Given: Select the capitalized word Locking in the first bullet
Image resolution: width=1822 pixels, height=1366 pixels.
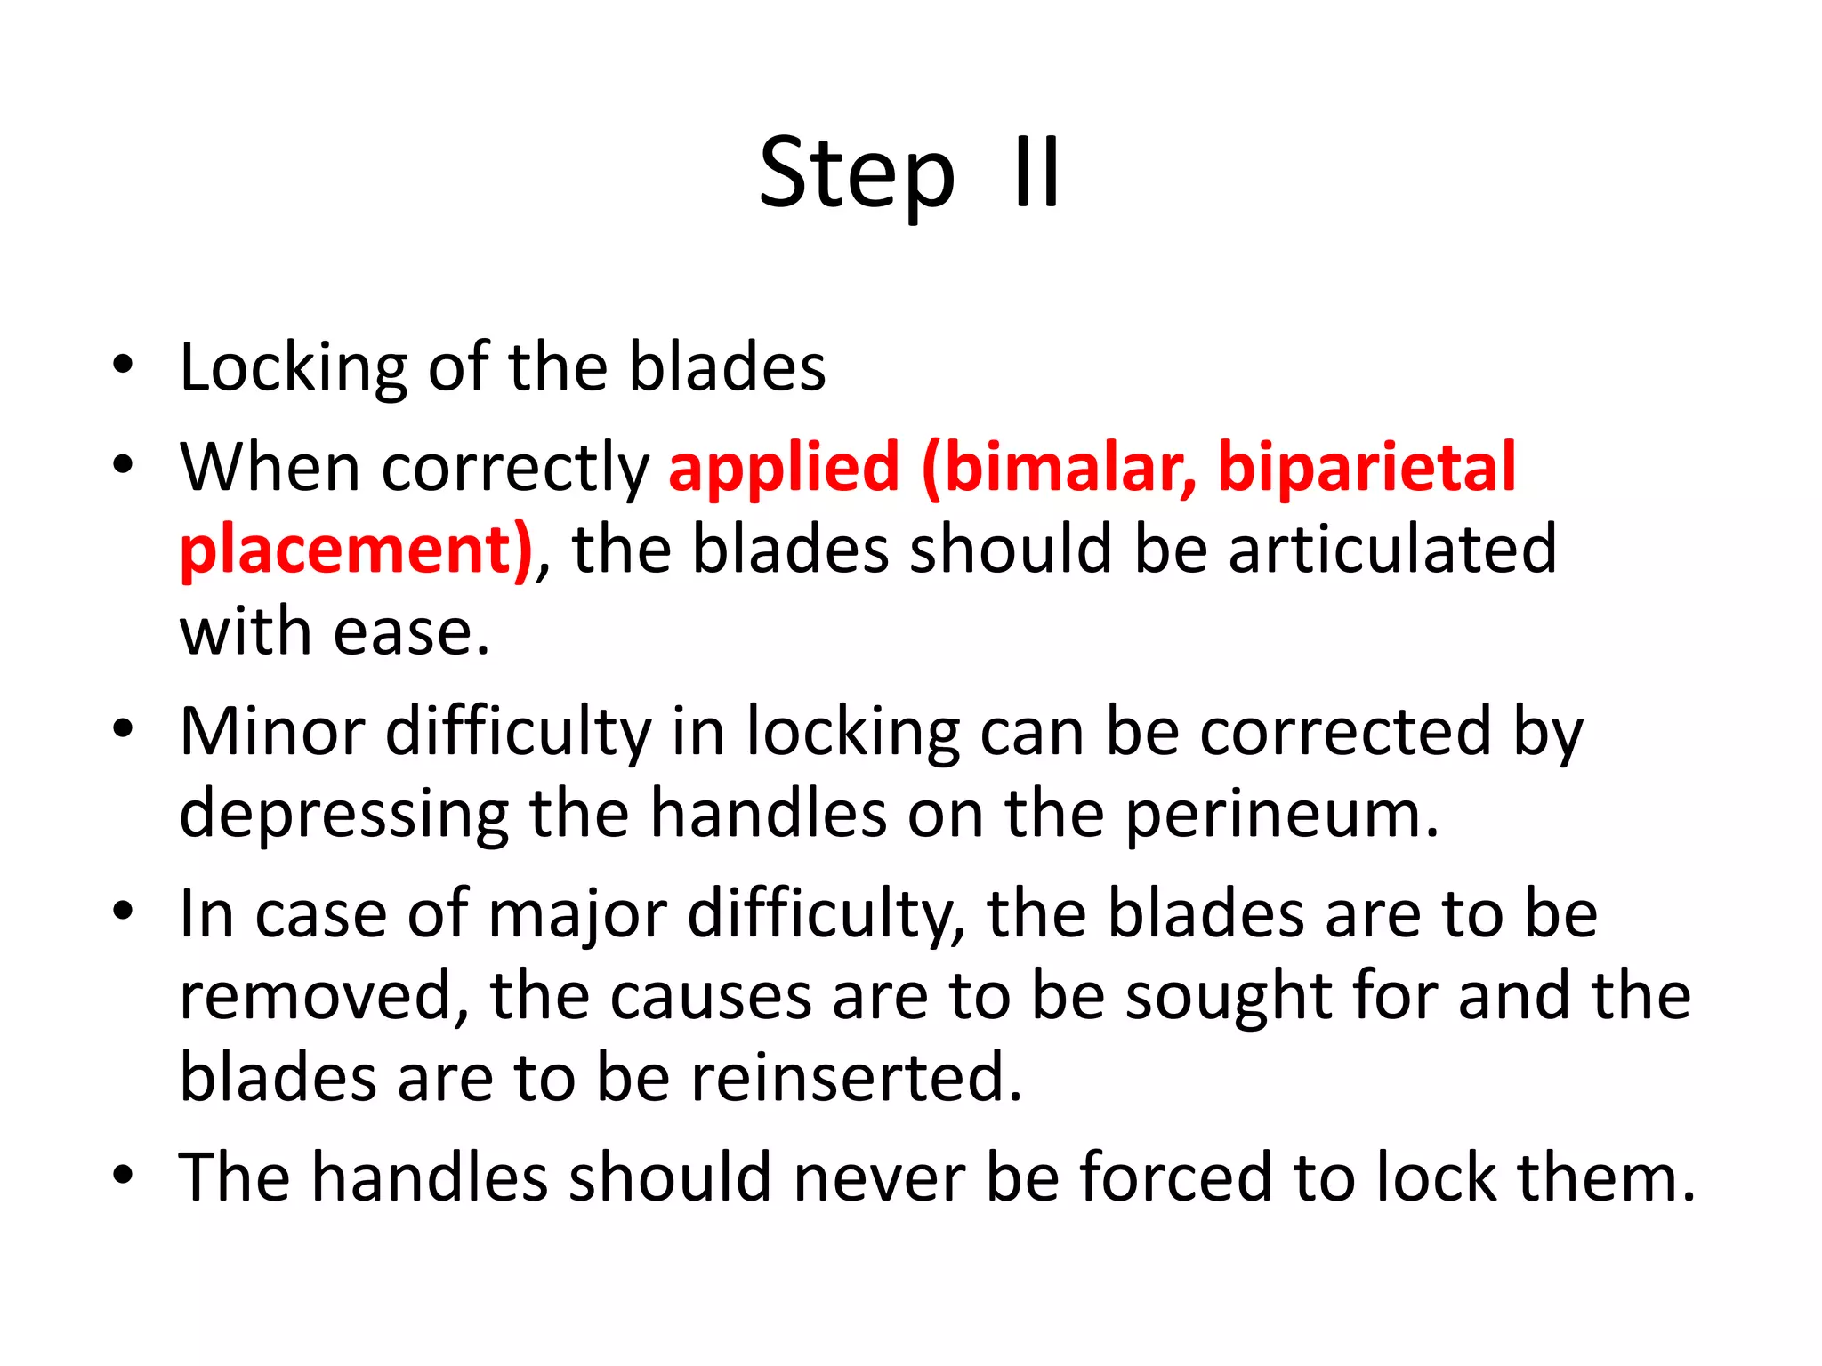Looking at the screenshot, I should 293,367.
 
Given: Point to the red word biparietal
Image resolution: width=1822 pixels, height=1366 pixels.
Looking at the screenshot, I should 1366,467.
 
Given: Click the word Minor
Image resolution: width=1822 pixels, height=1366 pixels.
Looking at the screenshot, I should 272,731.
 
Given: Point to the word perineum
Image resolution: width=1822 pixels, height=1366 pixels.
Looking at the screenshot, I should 1281,815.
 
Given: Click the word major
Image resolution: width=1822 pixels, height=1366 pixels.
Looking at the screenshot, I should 577,914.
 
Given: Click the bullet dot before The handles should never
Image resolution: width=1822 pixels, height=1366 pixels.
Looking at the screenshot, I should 124,1175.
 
